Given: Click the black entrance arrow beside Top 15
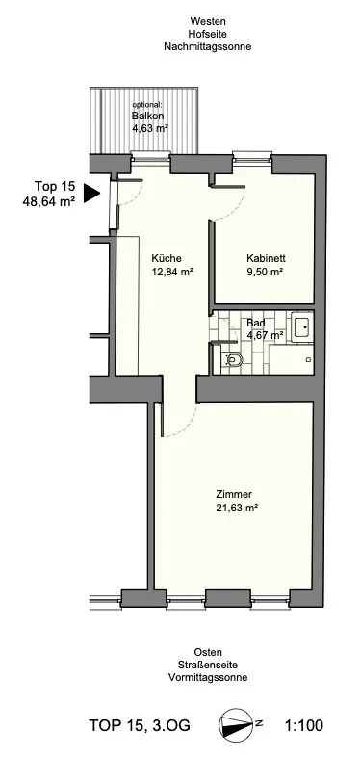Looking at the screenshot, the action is (91, 194).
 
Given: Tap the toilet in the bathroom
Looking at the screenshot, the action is (233, 359).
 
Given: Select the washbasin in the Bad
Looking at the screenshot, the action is (302, 327).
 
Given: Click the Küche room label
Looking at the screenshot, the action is (166, 258).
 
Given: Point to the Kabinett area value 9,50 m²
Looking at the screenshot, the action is (264, 272).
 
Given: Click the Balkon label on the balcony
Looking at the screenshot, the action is (147, 116).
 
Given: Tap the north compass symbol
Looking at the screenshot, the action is (236, 724).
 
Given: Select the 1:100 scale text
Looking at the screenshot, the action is (304, 725).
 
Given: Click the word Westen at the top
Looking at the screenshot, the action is (208, 22).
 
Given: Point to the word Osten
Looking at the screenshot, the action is (208, 653).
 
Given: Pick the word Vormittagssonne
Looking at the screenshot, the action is (208, 677).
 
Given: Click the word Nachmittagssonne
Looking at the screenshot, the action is (208, 47).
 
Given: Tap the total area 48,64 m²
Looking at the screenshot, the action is (49, 202).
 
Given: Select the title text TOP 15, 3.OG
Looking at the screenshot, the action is (140, 725).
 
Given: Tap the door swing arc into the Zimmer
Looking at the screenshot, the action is (190, 424).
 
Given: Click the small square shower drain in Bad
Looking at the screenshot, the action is (309, 359).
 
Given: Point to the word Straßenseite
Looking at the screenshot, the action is (208, 665).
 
